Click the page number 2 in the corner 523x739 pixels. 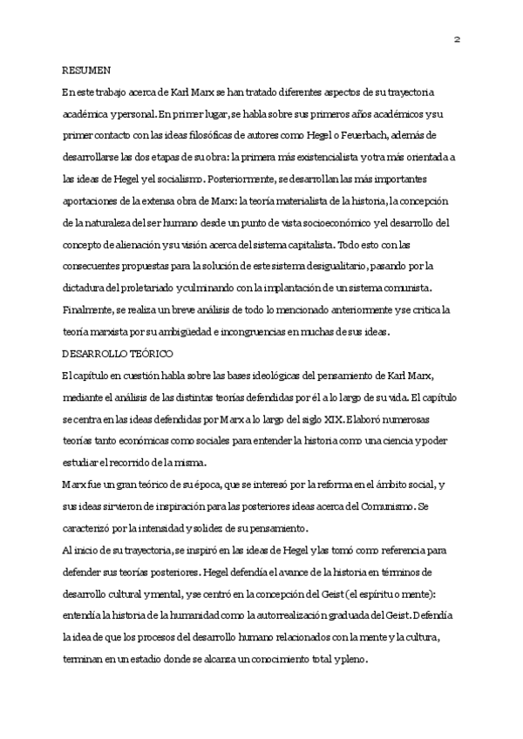pos(457,39)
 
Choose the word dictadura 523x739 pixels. pos(84,288)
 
